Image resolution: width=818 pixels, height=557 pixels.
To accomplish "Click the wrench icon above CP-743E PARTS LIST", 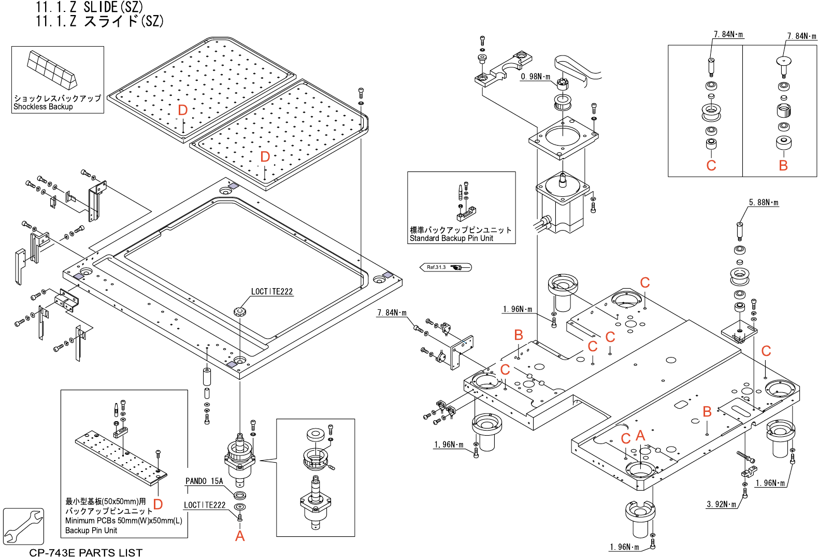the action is [23, 526].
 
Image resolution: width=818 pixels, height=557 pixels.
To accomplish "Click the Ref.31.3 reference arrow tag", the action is [446, 267].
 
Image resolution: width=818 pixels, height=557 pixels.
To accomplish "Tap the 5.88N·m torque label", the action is [764, 203].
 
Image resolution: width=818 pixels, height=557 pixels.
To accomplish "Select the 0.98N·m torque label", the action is [535, 77].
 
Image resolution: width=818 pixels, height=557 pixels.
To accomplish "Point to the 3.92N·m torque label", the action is [721, 504].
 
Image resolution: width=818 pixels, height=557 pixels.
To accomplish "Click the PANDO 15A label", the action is [204, 481].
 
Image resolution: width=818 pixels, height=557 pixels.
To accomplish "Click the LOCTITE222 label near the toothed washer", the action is [272, 292].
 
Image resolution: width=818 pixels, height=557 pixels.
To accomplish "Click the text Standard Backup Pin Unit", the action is [451, 238].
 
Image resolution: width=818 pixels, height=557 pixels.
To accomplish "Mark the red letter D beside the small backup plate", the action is [158, 504].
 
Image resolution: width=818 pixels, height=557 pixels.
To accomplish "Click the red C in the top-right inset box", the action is [711, 165].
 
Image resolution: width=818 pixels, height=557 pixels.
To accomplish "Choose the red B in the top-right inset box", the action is [783, 165].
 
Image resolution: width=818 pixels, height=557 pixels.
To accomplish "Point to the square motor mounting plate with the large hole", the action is [563, 138].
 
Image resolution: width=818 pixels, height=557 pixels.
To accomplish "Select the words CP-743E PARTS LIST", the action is [86, 553].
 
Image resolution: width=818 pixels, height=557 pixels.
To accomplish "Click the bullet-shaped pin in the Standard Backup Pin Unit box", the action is [461, 192].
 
